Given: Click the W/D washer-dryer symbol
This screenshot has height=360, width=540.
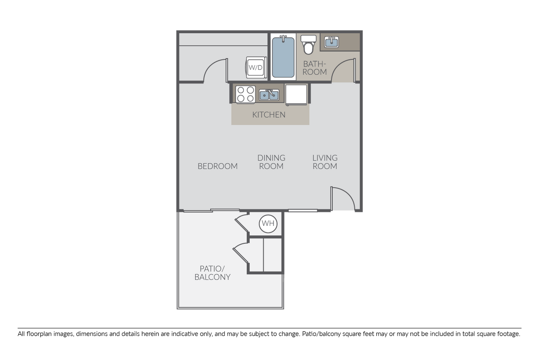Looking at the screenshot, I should pyautogui.click(x=255, y=67).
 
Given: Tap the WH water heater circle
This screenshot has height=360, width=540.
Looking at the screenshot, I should pyautogui.click(x=268, y=224).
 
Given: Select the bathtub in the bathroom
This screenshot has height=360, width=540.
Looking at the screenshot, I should pyautogui.click(x=283, y=57).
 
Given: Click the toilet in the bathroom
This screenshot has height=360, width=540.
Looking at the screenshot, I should pyautogui.click(x=308, y=44).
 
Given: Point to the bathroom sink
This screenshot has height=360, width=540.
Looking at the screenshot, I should pyautogui.click(x=332, y=42).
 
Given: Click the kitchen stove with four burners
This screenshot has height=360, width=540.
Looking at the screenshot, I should pyautogui.click(x=245, y=94).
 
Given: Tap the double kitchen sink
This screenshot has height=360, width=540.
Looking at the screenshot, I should pyautogui.click(x=269, y=94).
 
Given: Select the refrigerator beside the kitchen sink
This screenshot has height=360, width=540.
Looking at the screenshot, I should pyautogui.click(x=296, y=94).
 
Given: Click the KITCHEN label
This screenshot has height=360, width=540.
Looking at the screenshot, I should pyautogui.click(x=269, y=115).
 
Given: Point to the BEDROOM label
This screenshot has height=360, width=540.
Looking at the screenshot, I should pyautogui.click(x=217, y=166).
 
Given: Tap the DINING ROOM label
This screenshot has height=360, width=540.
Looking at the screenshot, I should pyautogui.click(x=271, y=162).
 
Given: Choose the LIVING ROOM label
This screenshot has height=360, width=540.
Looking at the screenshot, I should pyautogui.click(x=325, y=162).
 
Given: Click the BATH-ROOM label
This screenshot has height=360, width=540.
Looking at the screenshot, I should pyautogui.click(x=314, y=68).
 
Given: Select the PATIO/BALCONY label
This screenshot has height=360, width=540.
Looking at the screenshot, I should pyautogui.click(x=213, y=273).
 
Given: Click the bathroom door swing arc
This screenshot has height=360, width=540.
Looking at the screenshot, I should pyautogui.click(x=344, y=70).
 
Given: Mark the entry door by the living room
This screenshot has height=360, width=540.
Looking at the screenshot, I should pyautogui.click(x=343, y=199).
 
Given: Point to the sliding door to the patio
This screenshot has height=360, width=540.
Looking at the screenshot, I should pyautogui.click(x=211, y=211).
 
